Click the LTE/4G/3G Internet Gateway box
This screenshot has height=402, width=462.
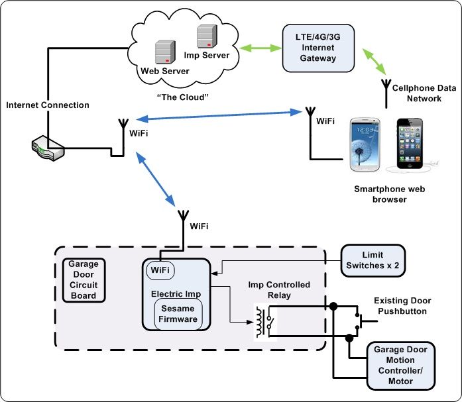pyautogui.click(x=318, y=48)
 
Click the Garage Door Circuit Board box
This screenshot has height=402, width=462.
pyautogui.click(x=83, y=280)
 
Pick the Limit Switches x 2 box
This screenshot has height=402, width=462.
pyautogui.click(x=373, y=260)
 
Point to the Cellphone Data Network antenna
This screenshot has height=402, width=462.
pyautogui.click(x=386, y=92)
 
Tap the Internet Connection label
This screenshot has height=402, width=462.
pyautogui.click(x=47, y=105)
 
